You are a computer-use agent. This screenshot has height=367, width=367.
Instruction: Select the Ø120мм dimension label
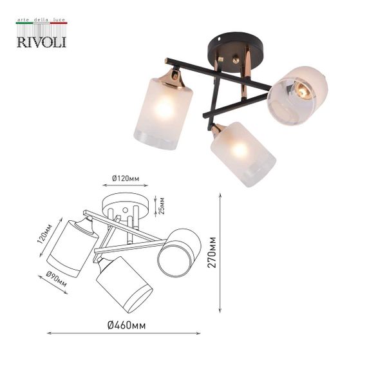point(125,178)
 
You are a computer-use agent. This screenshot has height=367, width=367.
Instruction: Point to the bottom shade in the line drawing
point(124,284)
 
